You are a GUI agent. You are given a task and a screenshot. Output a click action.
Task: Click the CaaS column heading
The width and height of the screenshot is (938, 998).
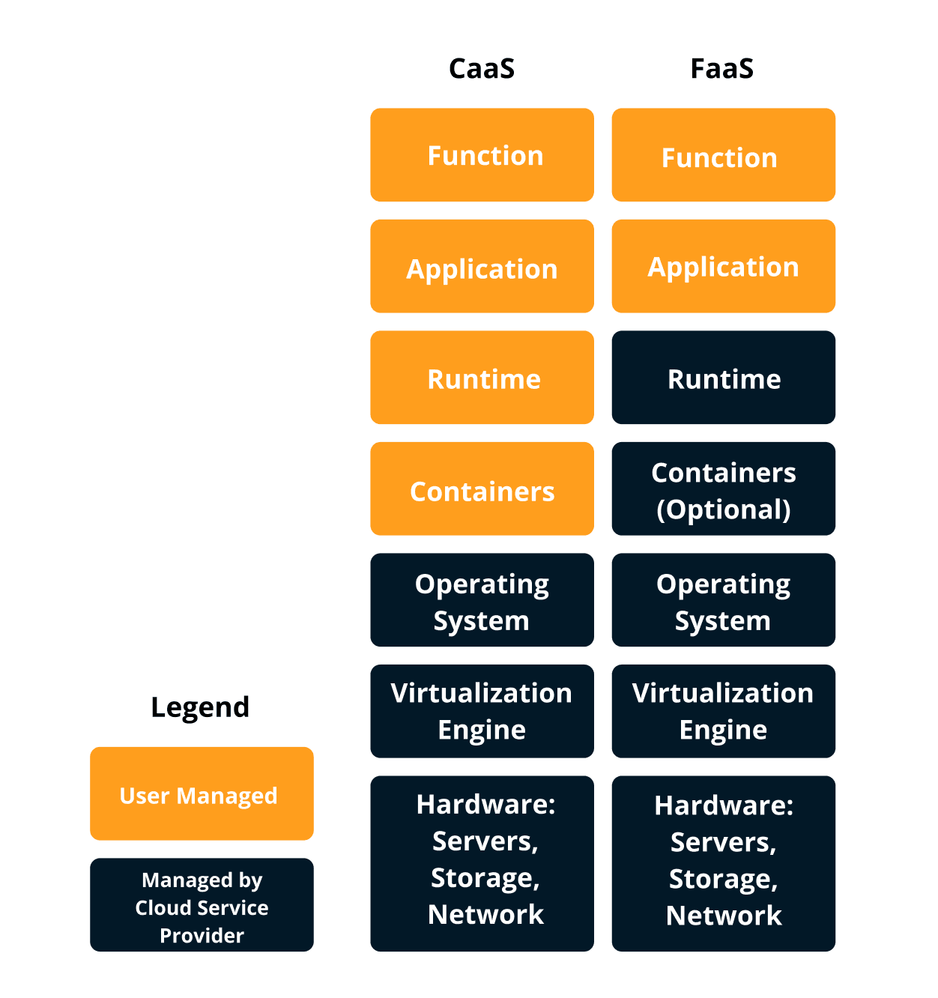click(482, 69)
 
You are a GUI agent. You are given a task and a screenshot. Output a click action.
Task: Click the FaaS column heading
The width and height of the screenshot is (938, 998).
click(722, 69)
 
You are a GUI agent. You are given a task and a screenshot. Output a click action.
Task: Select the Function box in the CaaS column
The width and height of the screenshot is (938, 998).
click(482, 155)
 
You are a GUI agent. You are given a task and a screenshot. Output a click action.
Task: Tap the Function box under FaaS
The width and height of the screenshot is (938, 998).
click(723, 155)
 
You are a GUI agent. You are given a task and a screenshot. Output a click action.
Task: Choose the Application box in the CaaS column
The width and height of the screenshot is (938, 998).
click(482, 267)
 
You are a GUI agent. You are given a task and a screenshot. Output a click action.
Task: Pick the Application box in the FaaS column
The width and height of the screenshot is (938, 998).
click(723, 267)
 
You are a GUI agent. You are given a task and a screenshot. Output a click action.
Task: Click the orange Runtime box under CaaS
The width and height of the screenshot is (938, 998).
click(482, 378)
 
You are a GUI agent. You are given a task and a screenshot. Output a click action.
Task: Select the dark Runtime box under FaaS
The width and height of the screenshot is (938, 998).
click(723, 378)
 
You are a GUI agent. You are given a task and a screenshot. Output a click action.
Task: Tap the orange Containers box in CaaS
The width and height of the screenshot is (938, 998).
click(482, 489)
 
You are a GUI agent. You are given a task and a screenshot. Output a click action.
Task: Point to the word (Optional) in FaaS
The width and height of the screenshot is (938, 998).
click(723, 509)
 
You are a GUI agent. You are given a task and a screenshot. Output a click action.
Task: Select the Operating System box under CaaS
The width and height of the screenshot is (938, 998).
click(482, 600)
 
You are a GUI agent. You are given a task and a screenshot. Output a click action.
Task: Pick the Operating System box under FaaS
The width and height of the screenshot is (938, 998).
click(723, 600)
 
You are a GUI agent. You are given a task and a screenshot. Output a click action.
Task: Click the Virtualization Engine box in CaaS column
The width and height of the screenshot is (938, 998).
click(482, 711)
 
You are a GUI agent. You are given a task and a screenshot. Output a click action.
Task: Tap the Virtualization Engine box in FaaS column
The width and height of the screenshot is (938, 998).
click(723, 711)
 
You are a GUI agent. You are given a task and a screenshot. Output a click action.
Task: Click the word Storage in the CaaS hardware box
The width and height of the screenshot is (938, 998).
click(480, 877)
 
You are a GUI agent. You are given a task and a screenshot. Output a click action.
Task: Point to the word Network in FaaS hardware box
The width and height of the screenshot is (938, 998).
click(723, 916)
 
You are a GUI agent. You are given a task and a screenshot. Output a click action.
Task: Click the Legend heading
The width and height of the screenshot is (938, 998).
click(200, 707)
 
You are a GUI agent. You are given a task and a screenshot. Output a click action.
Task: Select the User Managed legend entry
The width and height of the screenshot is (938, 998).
click(202, 794)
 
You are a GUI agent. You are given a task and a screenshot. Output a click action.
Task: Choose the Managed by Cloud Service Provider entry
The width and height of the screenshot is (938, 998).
click(202, 905)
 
